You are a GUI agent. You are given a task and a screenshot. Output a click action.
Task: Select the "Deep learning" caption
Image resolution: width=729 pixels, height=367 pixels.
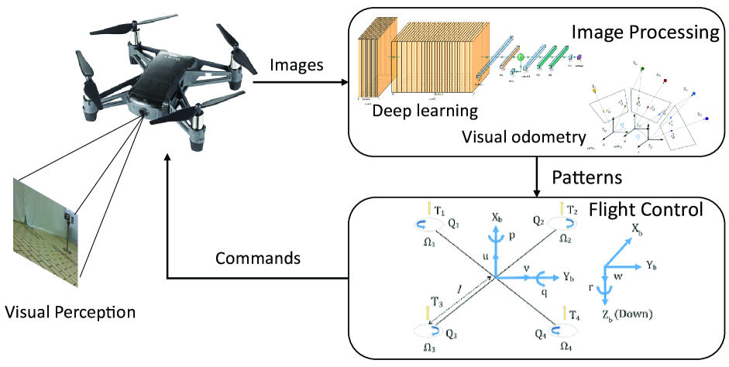point(425,111)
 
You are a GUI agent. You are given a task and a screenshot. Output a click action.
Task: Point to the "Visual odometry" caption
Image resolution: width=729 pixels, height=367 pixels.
point(524,138)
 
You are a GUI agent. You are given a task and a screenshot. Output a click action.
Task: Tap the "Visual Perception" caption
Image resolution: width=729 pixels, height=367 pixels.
point(70,313)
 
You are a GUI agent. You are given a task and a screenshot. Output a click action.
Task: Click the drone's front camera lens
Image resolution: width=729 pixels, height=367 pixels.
point(145,112)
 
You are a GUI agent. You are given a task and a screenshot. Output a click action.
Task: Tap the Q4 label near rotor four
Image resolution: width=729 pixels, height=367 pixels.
point(542,335)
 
